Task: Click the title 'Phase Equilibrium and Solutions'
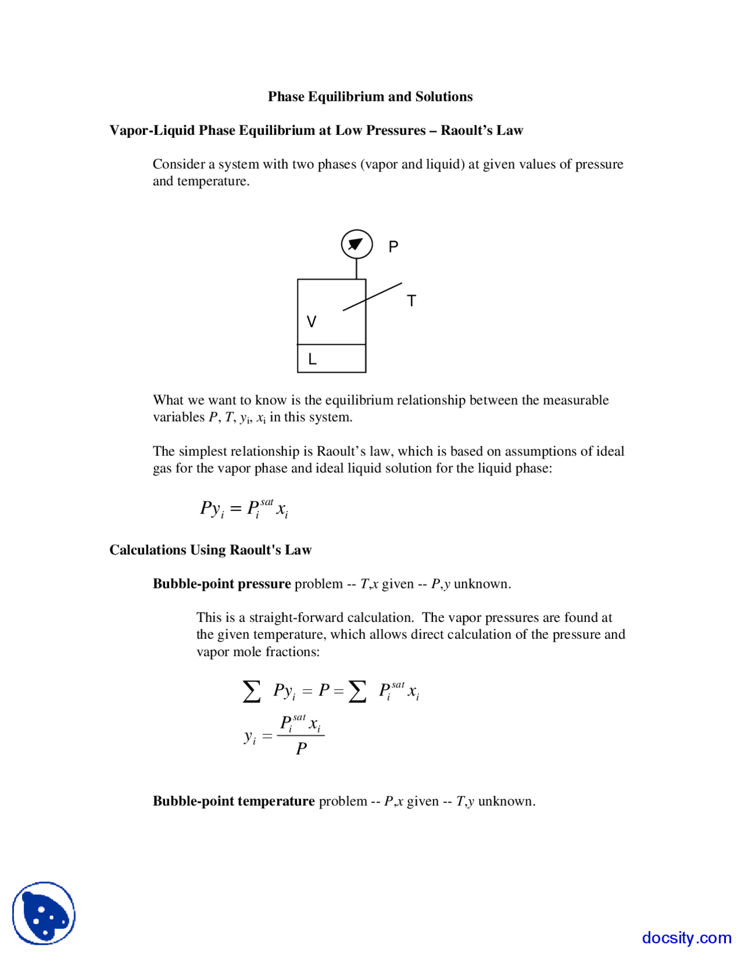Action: click(x=370, y=97)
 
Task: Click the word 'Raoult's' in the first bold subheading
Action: click(x=466, y=130)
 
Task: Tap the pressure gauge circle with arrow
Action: click(x=356, y=244)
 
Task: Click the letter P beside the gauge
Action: click(x=393, y=247)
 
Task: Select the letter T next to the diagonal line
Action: click(x=411, y=301)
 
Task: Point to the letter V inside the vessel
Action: click(x=311, y=322)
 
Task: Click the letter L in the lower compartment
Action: click(x=312, y=360)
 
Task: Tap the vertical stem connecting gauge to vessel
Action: click(x=356, y=269)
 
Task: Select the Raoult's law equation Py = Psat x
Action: click(x=244, y=508)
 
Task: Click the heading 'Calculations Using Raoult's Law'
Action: click(x=210, y=550)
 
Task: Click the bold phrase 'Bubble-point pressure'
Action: click(x=221, y=584)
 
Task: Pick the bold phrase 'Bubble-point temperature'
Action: click(x=233, y=801)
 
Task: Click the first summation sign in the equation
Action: click(x=251, y=691)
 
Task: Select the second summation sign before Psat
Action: click(x=357, y=691)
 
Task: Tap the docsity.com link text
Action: click(x=686, y=937)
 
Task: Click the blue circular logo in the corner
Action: click(x=44, y=913)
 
